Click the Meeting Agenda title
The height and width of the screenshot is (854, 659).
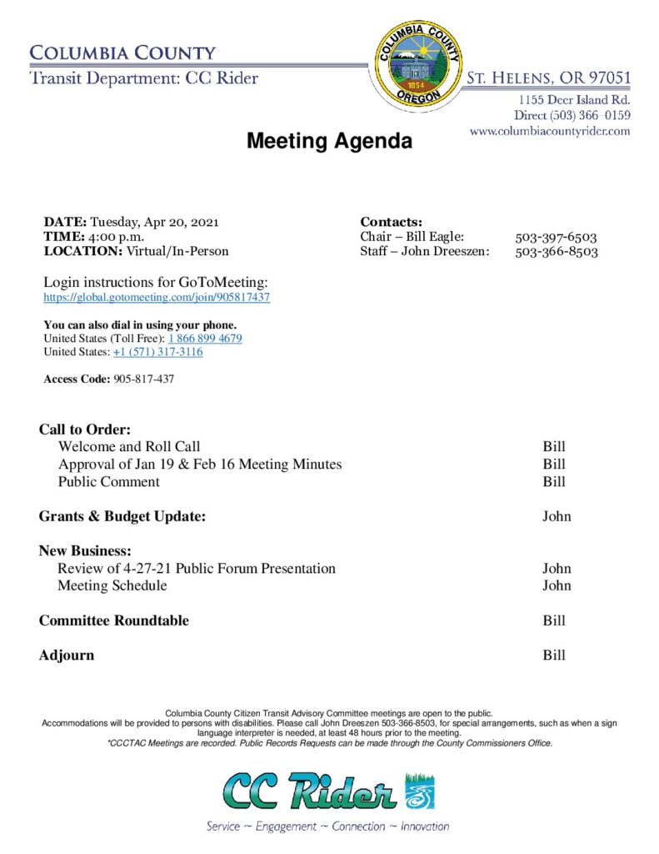329,141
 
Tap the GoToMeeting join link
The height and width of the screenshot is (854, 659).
157,298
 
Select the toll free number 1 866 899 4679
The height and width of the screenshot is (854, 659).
205,339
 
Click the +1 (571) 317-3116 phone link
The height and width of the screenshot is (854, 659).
157,352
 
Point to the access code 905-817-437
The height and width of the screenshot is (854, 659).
143,379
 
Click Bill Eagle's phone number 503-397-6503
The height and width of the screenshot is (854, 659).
556,237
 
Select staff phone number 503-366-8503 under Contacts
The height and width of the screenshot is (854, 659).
556,251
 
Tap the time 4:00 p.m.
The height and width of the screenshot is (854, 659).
117,237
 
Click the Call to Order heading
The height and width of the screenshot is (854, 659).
85,430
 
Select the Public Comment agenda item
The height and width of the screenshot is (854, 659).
108,482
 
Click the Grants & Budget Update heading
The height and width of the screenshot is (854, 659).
122,516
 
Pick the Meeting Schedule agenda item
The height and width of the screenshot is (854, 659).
112,585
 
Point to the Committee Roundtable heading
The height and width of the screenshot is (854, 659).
113,620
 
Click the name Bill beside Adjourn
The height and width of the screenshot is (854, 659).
554,656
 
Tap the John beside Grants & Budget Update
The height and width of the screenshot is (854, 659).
557,516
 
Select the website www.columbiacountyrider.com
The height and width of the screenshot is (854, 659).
549,131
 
